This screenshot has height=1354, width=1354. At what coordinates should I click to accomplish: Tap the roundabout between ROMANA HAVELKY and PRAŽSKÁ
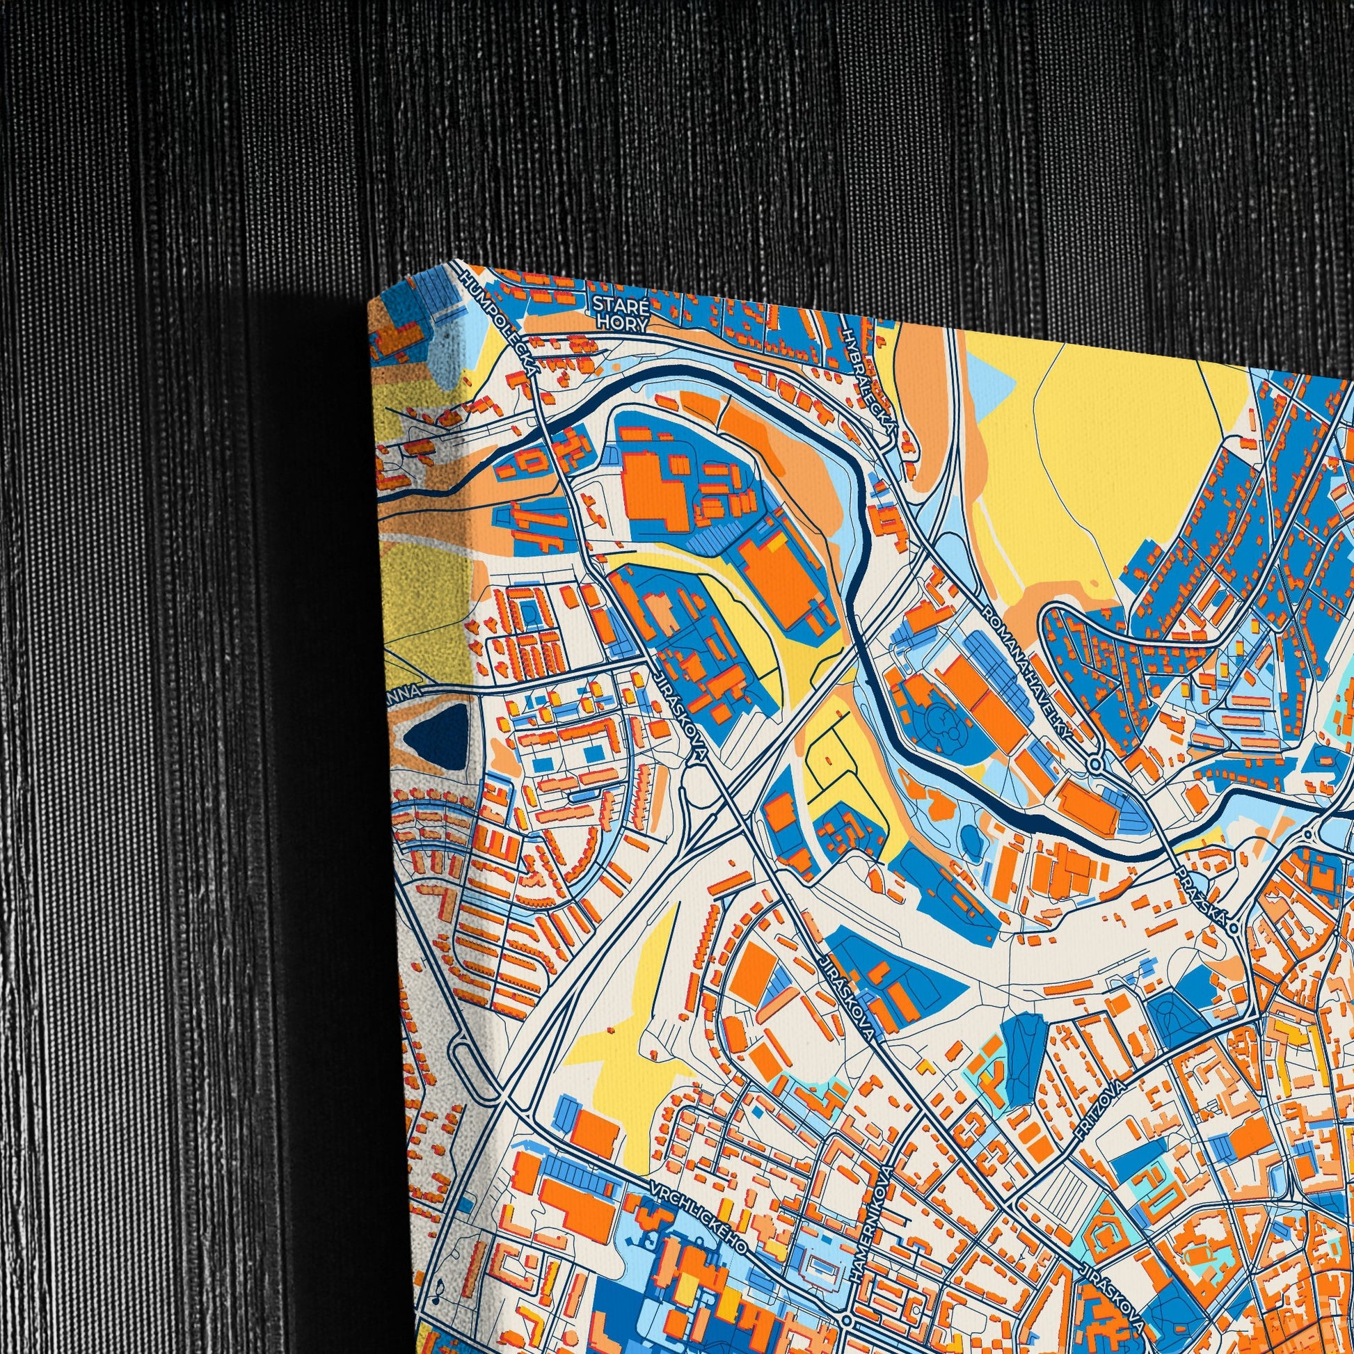click(x=1096, y=763)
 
